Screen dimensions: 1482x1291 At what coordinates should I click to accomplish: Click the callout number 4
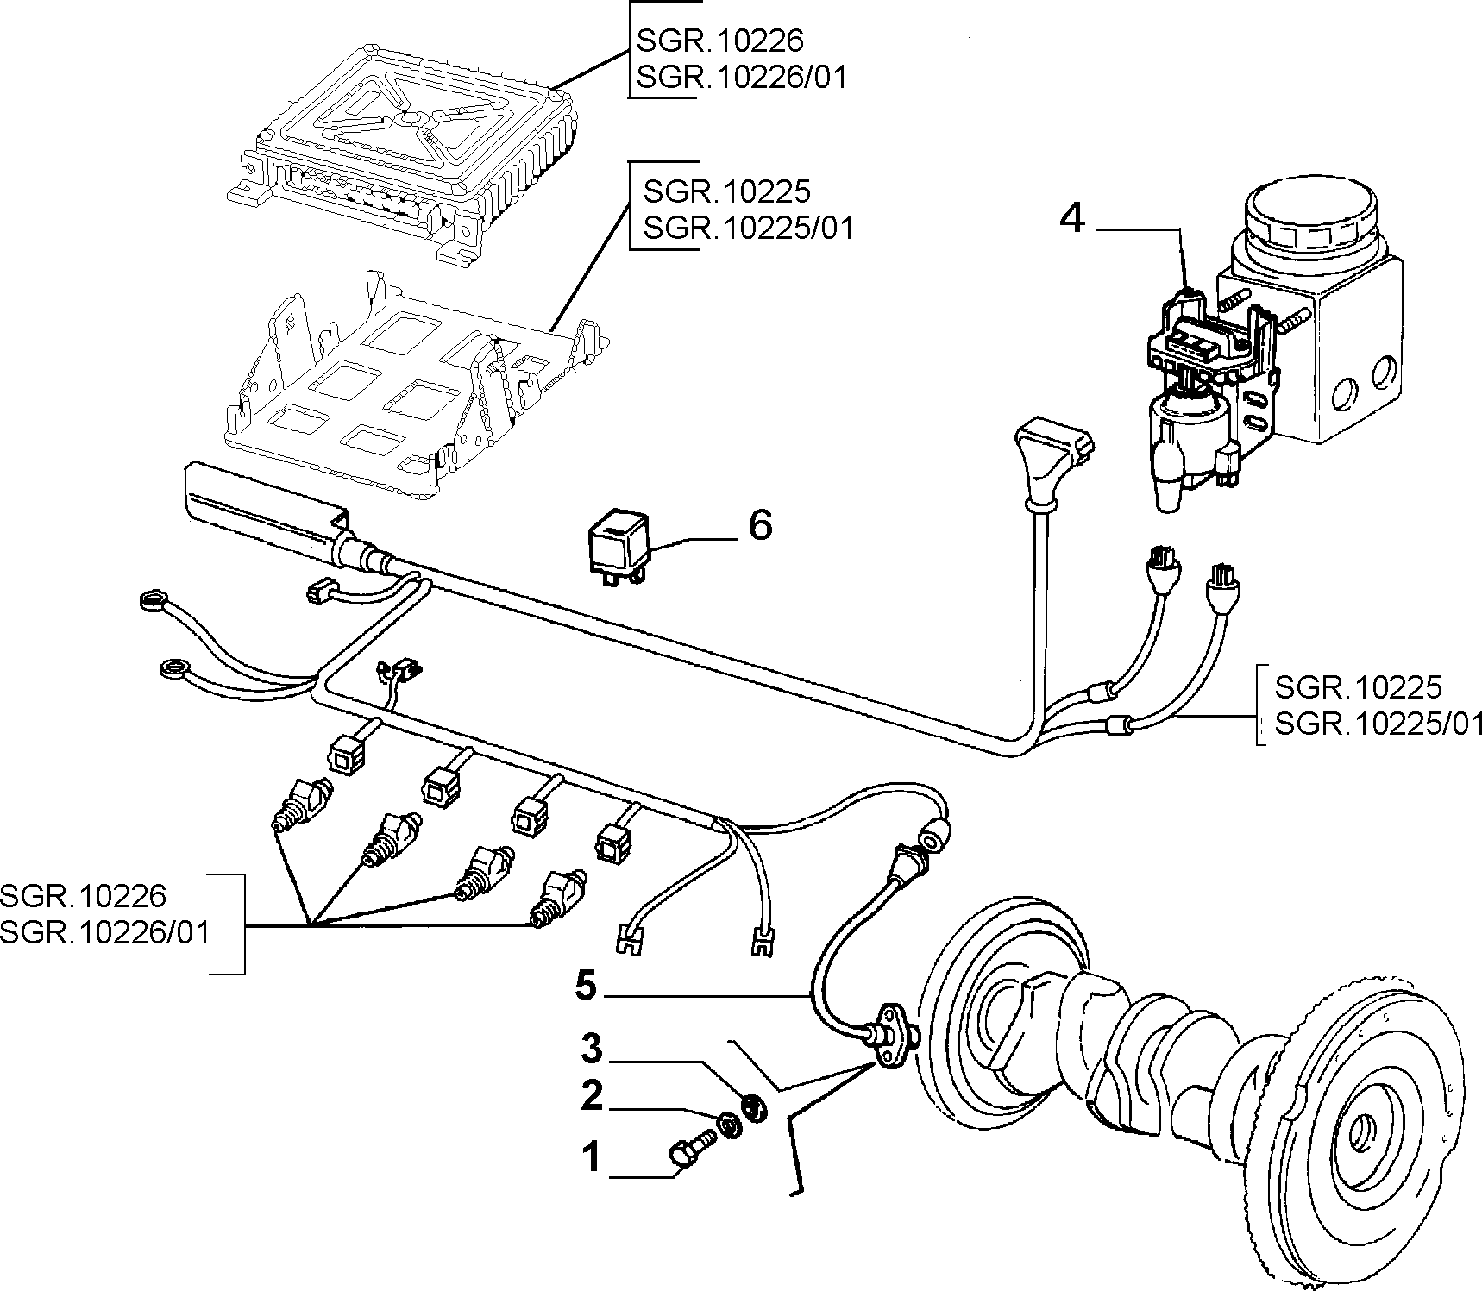[x=1071, y=219]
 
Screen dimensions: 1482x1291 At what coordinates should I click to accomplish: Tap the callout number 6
[x=760, y=524]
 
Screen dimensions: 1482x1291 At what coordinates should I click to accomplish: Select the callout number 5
[x=586, y=987]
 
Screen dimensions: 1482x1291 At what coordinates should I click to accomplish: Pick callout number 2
[x=591, y=1097]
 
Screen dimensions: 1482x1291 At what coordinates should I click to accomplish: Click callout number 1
[x=591, y=1157]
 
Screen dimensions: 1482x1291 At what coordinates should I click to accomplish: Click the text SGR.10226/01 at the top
[x=742, y=78]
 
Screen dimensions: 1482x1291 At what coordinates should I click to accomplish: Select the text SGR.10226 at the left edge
[x=83, y=896]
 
